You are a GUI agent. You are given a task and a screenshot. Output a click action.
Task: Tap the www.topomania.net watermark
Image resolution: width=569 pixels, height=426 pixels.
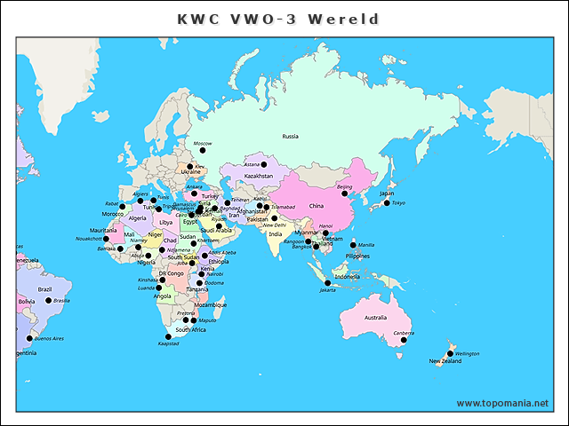[502, 404]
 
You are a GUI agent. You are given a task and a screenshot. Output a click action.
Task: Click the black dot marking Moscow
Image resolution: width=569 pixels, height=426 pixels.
[202, 151]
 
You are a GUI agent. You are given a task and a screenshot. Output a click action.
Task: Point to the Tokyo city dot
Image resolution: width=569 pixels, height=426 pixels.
[387, 203]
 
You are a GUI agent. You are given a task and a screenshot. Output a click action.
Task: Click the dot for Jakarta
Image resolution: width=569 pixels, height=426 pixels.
[327, 283]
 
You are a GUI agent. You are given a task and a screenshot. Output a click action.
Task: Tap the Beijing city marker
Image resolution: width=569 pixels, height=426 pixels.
[345, 193]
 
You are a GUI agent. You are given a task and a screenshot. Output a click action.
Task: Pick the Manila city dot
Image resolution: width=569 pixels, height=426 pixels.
[353, 245]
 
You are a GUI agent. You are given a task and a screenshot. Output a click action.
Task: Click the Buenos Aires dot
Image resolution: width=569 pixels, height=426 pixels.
[29, 338]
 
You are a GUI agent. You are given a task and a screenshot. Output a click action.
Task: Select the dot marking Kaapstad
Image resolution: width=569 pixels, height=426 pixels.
[168, 336]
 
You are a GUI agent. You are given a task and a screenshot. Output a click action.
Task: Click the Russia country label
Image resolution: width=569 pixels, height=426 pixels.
[291, 137]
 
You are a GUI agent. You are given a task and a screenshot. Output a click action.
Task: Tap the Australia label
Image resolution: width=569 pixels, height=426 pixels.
[375, 318]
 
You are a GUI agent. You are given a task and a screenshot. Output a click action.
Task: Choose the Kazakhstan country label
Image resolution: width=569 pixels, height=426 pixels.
[259, 177]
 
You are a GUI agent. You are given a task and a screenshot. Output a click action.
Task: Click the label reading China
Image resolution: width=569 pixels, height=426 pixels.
[316, 206]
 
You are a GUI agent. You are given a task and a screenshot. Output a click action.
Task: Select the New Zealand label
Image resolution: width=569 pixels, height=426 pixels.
[445, 361]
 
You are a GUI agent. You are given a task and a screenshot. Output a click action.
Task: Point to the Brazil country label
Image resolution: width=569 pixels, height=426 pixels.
[44, 289]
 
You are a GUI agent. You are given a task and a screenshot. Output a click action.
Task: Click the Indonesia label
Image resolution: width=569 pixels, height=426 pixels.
[347, 276]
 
